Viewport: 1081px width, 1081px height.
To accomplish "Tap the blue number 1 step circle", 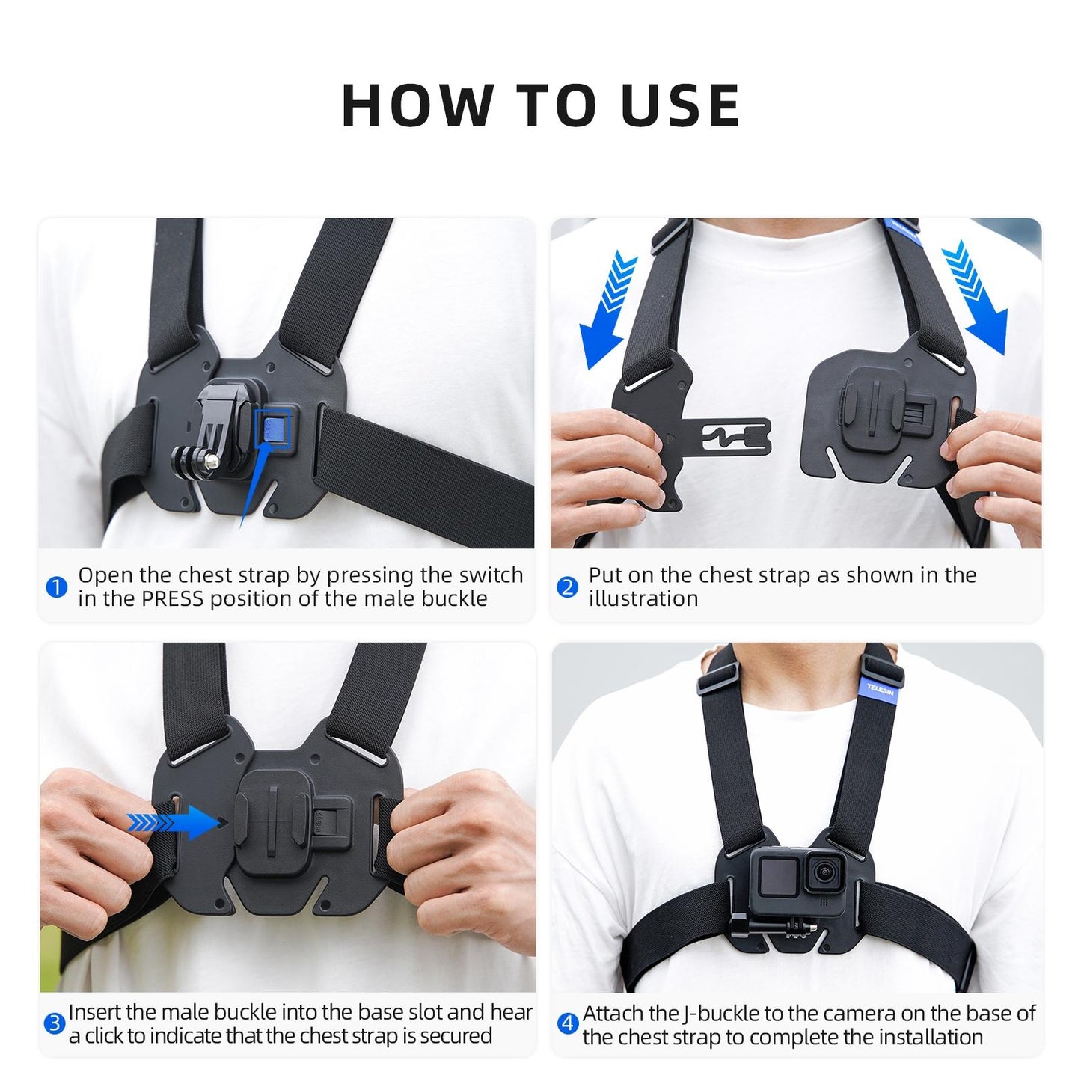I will click(x=57, y=587).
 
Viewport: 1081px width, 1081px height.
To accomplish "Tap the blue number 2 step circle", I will click(x=568, y=587).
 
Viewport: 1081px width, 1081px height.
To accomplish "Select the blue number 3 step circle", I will click(x=55, y=1023).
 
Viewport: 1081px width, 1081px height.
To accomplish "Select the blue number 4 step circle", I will click(x=568, y=1023).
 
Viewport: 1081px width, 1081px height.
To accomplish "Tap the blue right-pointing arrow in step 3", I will click(x=178, y=823).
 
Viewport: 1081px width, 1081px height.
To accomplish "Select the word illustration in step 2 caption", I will click(x=643, y=599).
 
